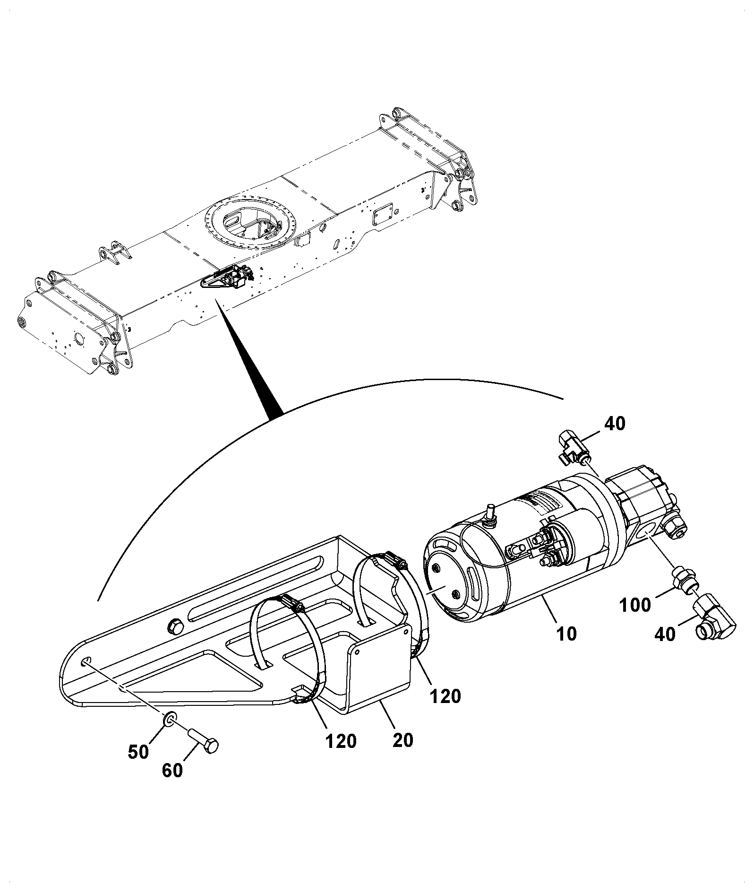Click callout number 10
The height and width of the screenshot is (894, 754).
click(x=566, y=634)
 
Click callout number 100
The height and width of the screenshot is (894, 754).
click(x=634, y=604)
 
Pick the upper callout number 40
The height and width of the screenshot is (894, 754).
click(x=614, y=424)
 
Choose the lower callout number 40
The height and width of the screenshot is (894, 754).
click(x=665, y=634)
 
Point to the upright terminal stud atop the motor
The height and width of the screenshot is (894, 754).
click(x=490, y=513)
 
